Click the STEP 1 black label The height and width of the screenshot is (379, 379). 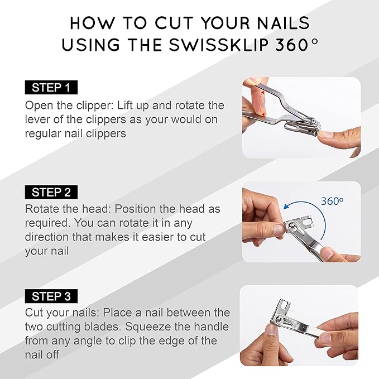click(51, 88)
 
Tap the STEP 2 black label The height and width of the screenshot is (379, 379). click(51, 192)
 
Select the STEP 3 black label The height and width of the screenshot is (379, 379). click(51, 296)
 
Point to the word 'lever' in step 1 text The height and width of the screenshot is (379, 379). click(38, 119)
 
